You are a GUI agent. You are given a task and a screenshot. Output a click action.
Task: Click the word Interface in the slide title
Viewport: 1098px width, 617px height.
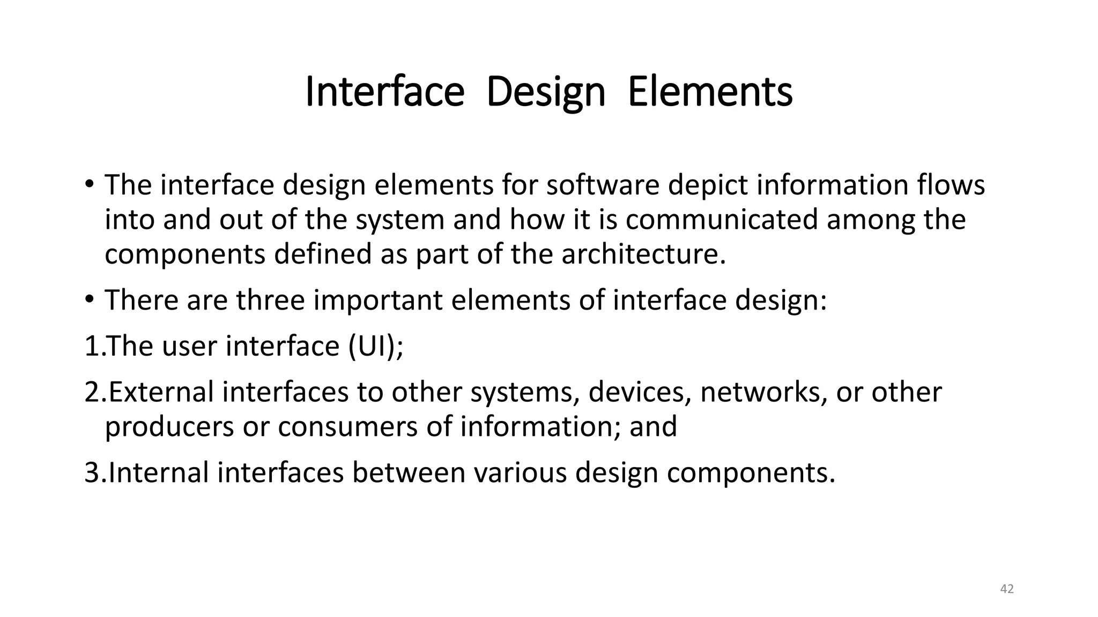pos(384,92)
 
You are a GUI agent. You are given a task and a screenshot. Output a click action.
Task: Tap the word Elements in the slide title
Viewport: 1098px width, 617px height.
pos(710,92)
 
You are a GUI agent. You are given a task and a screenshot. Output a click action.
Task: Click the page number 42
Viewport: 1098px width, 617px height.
pos(1007,589)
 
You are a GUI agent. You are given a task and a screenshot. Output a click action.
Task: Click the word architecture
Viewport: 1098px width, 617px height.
pos(643,254)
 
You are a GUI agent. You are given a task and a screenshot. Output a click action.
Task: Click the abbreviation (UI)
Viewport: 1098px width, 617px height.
pos(375,346)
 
